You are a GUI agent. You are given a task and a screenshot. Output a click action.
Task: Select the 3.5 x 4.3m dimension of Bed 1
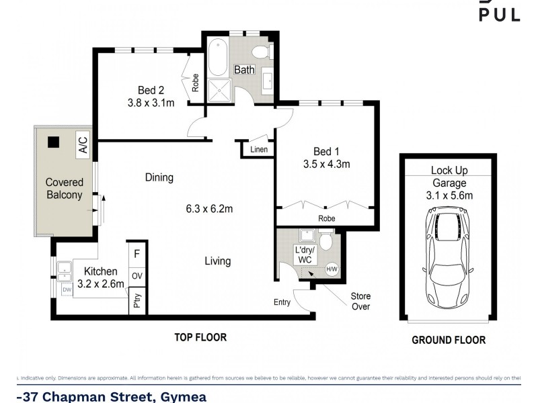click(x=326, y=163)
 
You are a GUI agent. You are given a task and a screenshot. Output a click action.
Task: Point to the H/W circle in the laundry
click(x=332, y=269)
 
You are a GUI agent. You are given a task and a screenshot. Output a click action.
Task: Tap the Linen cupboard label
click(x=259, y=149)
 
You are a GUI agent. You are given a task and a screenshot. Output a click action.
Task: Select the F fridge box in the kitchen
click(x=137, y=255)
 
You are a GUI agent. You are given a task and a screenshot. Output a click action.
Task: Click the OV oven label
click(x=137, y=275)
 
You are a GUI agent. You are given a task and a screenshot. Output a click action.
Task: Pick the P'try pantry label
click(x=137, y=301)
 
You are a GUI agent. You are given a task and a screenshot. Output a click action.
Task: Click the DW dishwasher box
click(x=67, y=289)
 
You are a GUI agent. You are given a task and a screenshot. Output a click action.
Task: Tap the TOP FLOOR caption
click(x=201, y=337)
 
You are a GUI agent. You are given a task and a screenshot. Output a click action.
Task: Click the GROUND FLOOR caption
click(x=449, y=341)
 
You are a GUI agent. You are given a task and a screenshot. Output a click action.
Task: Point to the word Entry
click(x=282, y=302)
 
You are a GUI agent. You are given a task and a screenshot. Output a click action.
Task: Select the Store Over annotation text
click(x=360, y=301)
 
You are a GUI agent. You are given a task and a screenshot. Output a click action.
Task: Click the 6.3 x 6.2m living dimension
click(x=210, y=209)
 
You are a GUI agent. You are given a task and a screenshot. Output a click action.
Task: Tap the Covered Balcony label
click(x=64, y=189)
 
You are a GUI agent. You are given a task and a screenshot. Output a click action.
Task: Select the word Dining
click(x=159, y=178)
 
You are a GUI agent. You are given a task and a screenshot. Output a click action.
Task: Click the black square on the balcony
click(x=52, y=142)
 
